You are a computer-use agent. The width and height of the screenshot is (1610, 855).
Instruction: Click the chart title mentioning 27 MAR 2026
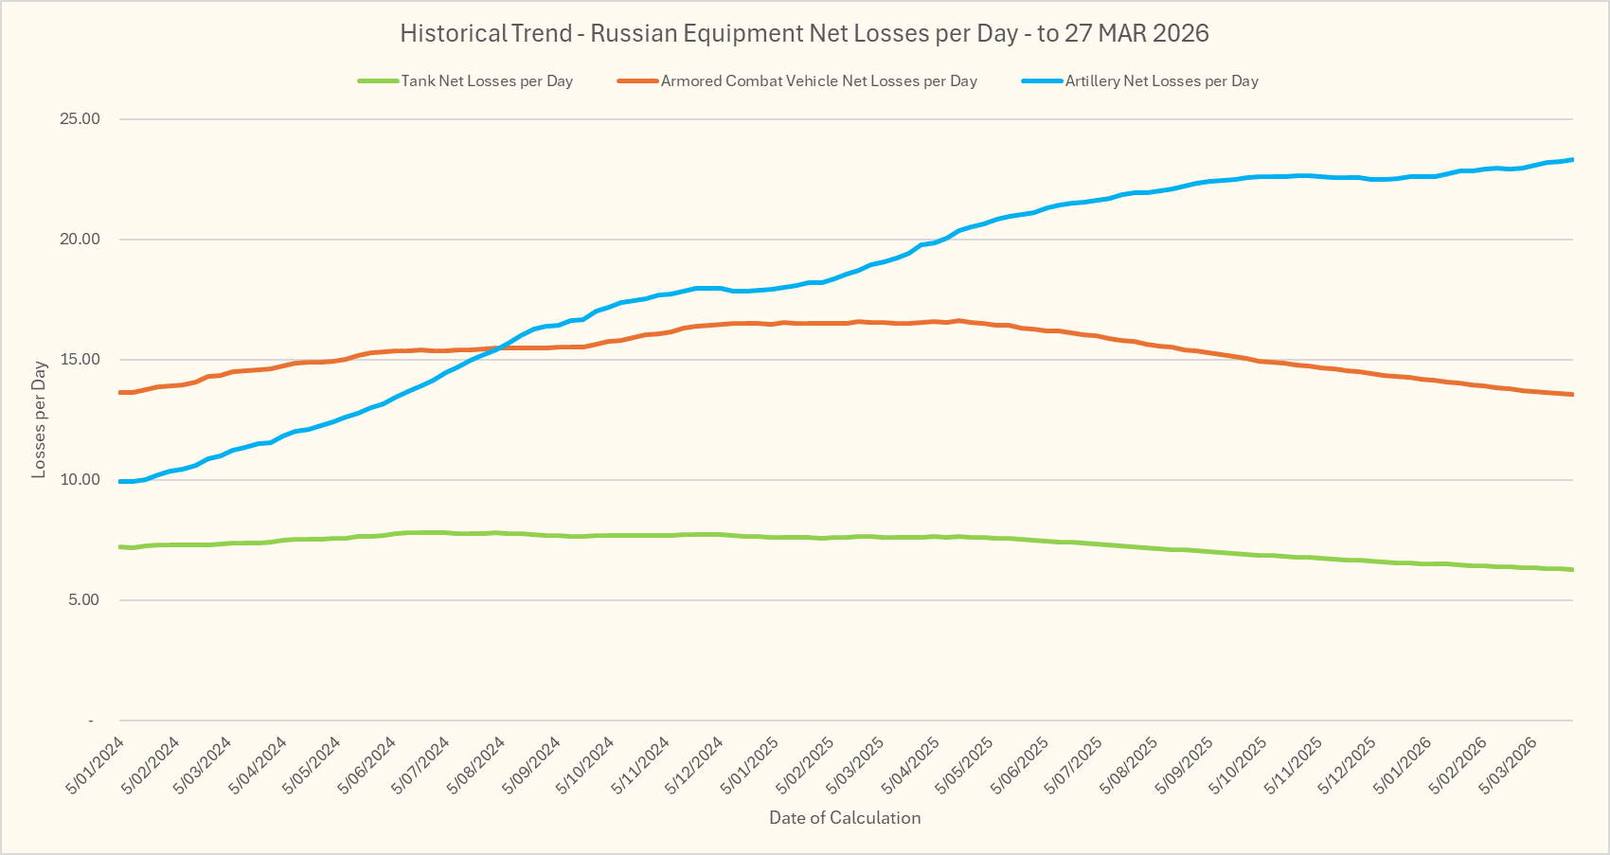804,33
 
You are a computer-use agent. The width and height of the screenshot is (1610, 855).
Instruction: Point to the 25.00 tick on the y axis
80,119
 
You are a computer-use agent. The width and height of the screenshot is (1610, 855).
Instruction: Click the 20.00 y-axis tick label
80,240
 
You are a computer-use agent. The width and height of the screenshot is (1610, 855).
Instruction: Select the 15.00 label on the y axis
80,360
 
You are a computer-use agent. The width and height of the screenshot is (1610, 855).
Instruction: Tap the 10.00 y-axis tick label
80,480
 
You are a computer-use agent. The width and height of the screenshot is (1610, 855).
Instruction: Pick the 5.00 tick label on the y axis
82,600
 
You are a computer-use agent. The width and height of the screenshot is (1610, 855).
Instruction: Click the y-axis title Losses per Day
39,419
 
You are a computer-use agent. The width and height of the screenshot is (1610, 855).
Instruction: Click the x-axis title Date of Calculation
845,818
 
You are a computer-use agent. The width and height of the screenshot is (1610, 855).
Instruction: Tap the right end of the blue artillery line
1572,159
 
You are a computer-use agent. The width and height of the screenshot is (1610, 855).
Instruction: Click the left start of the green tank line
120,546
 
